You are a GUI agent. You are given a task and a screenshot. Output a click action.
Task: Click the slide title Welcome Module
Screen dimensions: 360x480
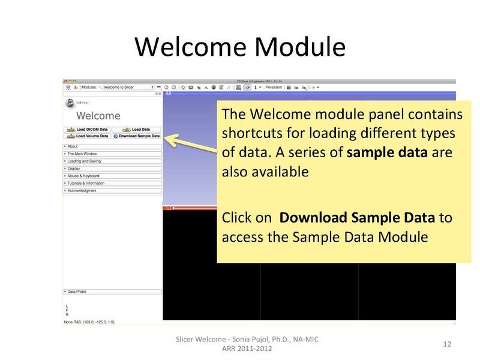point(239,47)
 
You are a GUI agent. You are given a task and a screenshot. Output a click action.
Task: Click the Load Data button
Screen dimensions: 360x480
point(137,129)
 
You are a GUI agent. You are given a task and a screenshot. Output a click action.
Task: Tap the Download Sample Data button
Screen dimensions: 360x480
point(137,136)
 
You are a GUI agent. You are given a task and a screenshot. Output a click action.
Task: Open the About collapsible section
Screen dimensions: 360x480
point(112,146)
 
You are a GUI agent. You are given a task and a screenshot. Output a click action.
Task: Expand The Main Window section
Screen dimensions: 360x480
point(112,154)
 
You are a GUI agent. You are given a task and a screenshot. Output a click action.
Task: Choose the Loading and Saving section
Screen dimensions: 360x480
point(112,161)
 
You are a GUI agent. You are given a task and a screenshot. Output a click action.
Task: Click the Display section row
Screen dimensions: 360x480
point(112,169)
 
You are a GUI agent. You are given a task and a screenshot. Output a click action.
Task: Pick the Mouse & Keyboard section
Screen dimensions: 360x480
point(112,176)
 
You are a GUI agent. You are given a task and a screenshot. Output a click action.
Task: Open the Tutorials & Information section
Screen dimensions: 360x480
point(112,183)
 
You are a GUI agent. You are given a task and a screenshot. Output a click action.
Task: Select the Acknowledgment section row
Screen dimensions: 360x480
point(112,191)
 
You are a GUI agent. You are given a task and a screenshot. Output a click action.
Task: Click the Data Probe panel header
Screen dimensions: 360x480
point(112,292)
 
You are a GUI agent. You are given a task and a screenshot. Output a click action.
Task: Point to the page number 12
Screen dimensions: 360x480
point(446,344)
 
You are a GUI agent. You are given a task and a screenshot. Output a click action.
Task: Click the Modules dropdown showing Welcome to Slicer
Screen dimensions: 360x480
point(128,87)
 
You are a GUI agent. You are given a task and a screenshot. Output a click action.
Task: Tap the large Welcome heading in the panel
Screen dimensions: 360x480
point(98,116)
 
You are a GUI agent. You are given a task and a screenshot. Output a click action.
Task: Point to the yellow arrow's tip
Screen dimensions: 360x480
point(166,138)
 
